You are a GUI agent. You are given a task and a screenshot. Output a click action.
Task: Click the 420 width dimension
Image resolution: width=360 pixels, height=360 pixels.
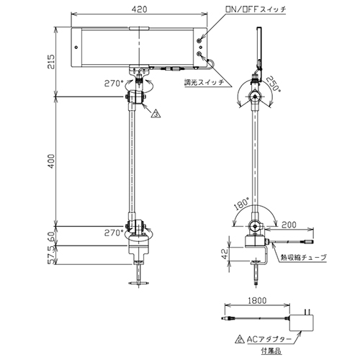pos(140,9)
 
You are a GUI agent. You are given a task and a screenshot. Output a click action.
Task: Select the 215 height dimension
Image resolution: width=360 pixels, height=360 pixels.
pos(51,62)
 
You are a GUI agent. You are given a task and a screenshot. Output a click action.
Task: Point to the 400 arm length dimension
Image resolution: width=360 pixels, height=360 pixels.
pos(51,161)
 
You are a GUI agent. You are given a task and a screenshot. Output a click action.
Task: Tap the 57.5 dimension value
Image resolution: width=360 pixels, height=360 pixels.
pos(51,256)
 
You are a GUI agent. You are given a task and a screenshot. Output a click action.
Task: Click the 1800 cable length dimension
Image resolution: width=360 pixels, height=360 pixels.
pos(257,301)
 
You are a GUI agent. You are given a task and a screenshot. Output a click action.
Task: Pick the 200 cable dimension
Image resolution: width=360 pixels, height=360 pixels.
pos(289,225)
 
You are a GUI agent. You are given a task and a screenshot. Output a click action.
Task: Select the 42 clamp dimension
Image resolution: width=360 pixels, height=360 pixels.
pos(225,254)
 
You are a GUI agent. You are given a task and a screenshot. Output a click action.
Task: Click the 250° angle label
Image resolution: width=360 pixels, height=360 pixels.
pos(274,84)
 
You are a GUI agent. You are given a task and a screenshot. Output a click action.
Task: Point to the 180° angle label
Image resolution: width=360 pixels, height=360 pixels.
pos(241,204)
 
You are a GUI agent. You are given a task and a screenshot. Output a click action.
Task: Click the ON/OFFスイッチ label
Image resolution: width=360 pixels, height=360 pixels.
pos(256,9)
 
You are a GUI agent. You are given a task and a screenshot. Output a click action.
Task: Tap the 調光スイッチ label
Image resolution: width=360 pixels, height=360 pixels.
pos(204,83)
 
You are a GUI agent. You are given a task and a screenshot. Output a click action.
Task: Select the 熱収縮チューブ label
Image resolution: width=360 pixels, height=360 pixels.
pos(304,258)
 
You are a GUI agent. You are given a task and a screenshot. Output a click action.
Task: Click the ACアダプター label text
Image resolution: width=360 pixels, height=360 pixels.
pos(269,339)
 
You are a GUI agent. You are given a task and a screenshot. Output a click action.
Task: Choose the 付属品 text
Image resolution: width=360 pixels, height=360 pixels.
pos(271,351)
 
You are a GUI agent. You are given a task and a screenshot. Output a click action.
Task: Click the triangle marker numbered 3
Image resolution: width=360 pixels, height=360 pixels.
pos(156,114)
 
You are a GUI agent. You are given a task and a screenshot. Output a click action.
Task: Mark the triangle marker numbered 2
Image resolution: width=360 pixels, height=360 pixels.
pos(239,339)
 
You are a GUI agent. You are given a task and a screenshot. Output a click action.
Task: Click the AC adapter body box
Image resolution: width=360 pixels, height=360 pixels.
pos(302,323)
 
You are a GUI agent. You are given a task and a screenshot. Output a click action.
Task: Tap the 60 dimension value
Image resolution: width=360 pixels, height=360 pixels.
pos(51,236)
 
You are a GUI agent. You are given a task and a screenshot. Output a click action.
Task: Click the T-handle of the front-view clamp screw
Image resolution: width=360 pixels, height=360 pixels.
pos(138,284)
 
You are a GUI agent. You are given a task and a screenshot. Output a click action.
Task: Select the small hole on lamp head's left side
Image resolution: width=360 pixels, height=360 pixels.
pos(76,48)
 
